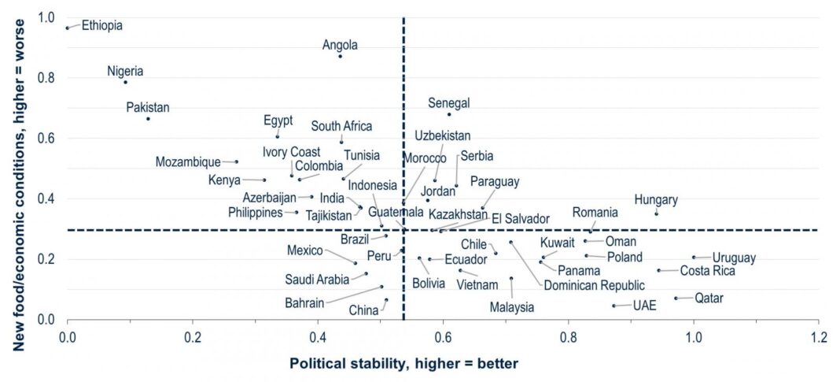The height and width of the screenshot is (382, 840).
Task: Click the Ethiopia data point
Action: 68,28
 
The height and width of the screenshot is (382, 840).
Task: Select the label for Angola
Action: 341,45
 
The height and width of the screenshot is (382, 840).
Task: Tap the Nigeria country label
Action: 125,71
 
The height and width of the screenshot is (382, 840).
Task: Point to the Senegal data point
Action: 449,114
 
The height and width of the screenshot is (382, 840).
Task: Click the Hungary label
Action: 656,200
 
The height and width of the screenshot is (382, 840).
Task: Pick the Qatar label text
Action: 709,299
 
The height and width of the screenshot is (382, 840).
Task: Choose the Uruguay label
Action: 734,258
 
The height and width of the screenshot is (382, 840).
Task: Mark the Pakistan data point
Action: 148,119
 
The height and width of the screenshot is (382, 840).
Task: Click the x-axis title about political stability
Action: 404,363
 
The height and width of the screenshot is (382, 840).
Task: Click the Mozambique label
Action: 188,162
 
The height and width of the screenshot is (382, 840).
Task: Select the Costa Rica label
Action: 708,271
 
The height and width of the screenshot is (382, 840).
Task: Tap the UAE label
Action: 644,306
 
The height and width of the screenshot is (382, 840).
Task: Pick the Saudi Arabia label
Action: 317,279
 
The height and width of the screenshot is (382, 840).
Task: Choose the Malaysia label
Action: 511,306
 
